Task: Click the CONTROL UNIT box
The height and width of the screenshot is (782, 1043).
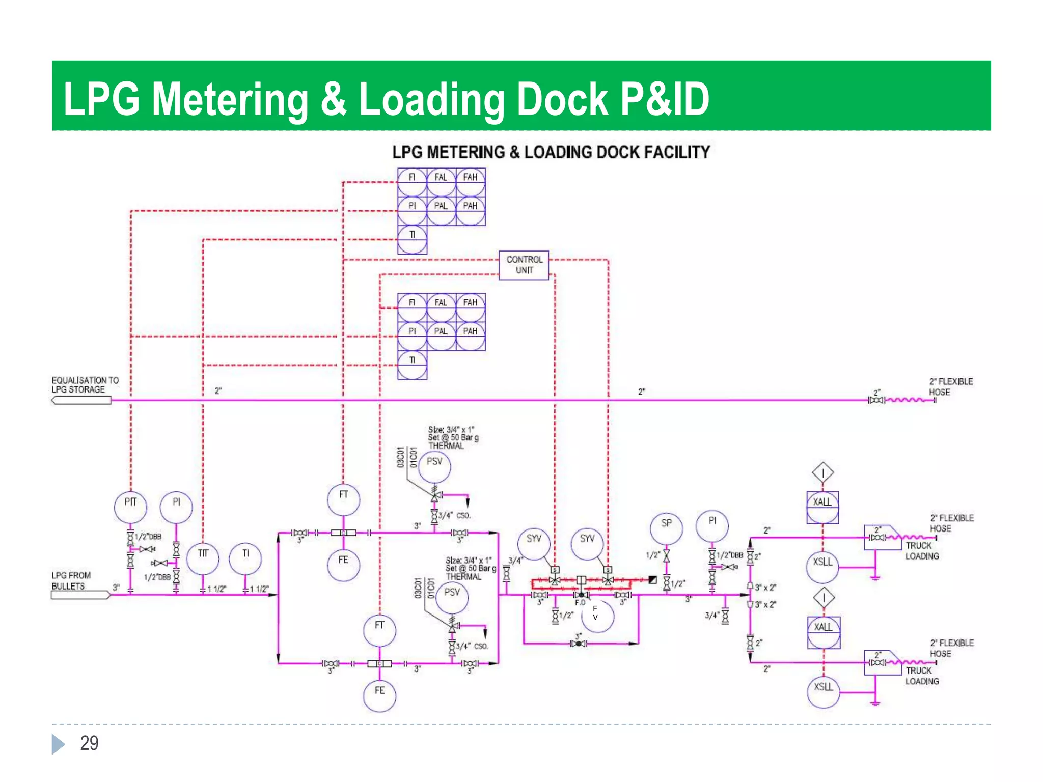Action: [524, 265]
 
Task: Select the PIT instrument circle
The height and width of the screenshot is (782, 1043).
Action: [130, 507]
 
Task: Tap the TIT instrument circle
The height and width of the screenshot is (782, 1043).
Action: [203, 558]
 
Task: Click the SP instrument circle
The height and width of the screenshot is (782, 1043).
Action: [667, 528]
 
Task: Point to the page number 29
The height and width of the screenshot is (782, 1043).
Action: [89, 743]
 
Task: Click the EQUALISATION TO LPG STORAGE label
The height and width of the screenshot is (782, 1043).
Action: [85, 385]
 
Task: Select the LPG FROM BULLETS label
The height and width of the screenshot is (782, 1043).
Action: [71, 580]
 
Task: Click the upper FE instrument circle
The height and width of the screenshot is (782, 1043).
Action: [343, 565]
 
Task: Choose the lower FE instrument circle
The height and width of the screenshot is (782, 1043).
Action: [379, 695]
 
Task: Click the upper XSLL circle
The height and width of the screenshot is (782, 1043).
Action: [822, 567]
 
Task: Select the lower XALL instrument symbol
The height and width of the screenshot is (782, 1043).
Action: [823, 632]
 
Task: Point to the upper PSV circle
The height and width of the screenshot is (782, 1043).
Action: [434, 466]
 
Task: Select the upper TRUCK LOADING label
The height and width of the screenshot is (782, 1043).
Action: [922, 551]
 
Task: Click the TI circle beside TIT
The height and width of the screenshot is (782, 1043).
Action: [245, 558]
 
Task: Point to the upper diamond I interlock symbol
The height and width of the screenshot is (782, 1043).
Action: [822, 473]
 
